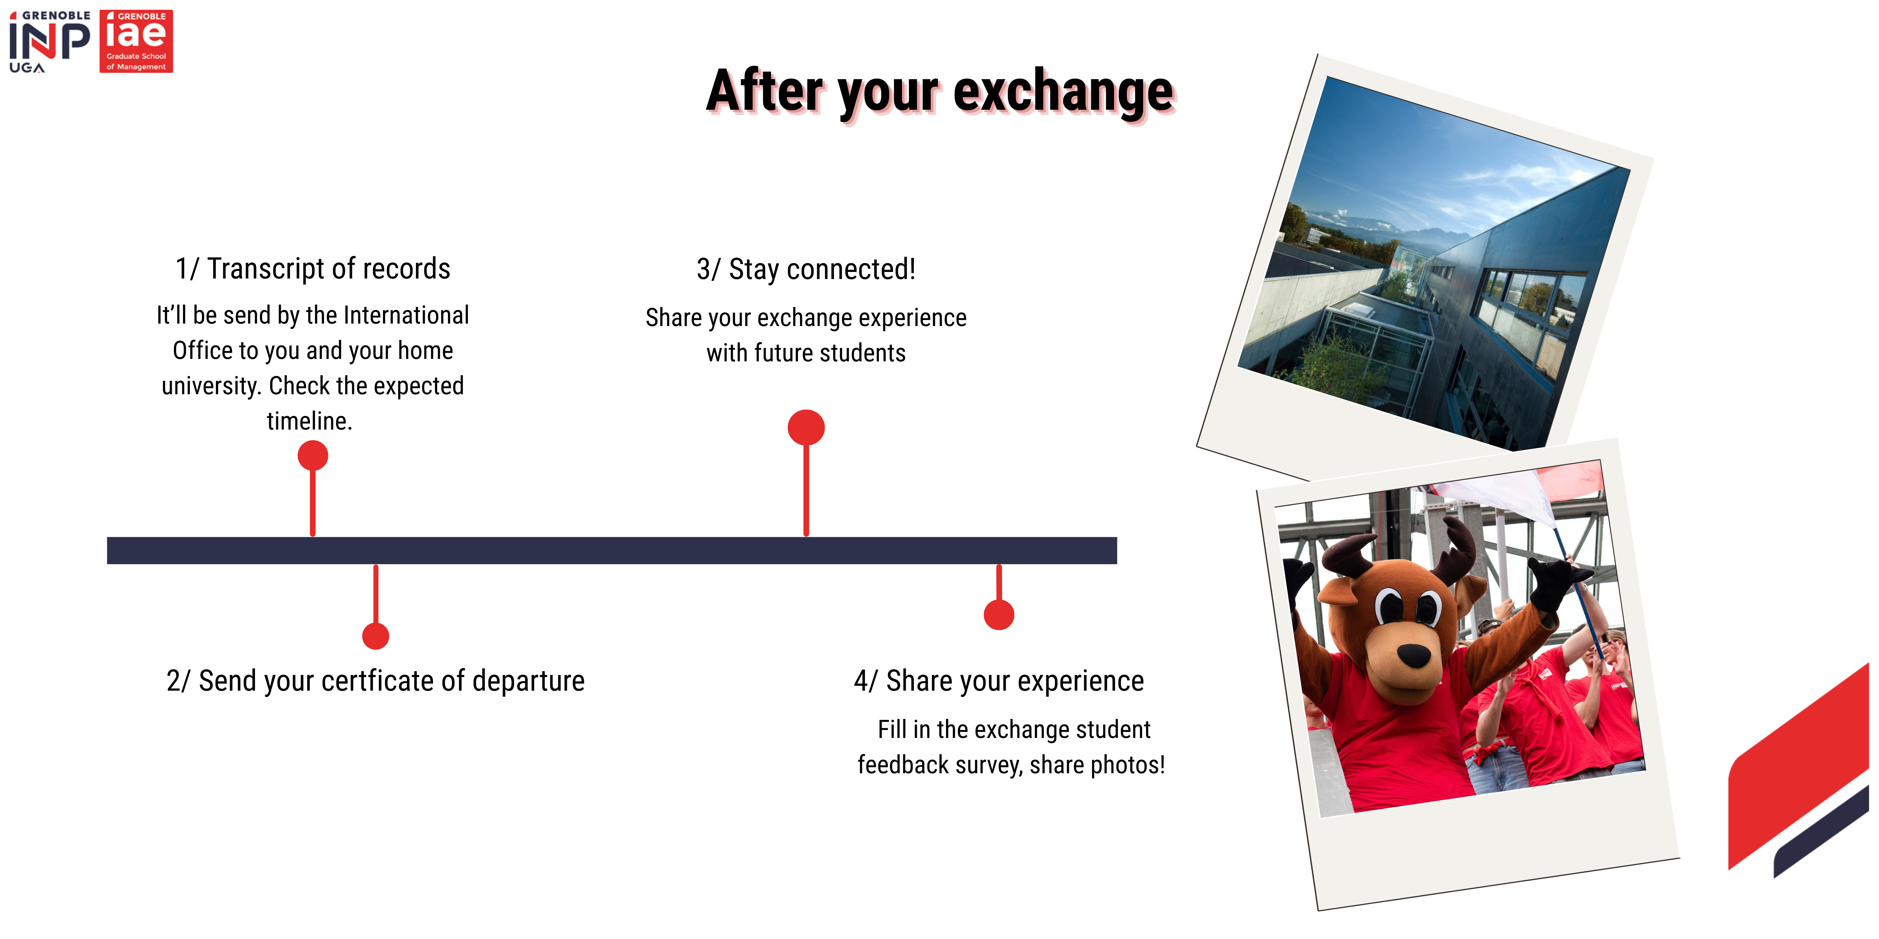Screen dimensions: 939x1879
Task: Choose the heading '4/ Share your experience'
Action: pyautogui.click(x=998, y=681)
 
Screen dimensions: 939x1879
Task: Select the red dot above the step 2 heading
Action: pyautogui.click(x=376, y=636)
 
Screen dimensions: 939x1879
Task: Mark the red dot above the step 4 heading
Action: pyautogui.click(x=998, y=615)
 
